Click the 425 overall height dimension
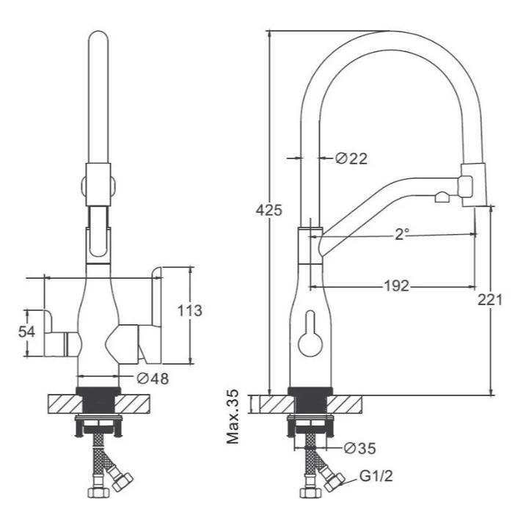coord(269,211)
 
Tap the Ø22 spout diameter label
coord(351,158)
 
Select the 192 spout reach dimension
coord(396,286)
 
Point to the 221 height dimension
coord(490,299)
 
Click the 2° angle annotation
coord(402,234)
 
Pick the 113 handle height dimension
coord(189,310)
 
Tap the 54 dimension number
coord(26,332)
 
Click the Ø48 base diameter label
coord(153,379)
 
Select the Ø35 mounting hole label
coord(360,448)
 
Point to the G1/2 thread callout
coord(376,475)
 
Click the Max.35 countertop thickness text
coord(233,417)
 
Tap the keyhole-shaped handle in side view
coord(310,333)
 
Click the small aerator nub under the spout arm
coord(442,197)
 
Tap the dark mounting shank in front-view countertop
coord(98,401)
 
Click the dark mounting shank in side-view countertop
coord(310,401)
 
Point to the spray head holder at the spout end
coord(473,185)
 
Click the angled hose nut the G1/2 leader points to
coord(334,482)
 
